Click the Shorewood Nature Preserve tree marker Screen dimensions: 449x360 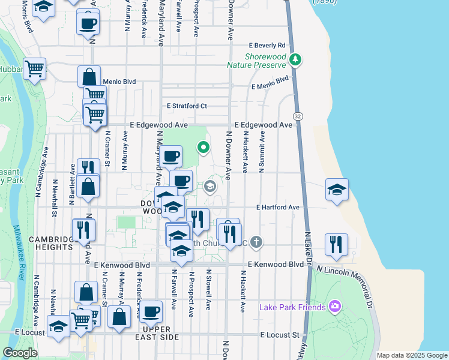[x=295, y=59]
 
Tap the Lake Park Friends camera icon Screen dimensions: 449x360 [x=335, y=307]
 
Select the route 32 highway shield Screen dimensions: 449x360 [x=298, y=115]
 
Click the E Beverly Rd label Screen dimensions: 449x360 [x=268, y=46]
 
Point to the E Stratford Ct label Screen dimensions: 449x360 [x=187, y=106]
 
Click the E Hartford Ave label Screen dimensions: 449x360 [x=277, y=208]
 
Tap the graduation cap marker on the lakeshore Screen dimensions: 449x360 [x=337, y=190]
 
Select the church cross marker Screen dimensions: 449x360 [x=256, y=243]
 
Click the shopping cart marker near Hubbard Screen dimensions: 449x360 [x=35, y=68]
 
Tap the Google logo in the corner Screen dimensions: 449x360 [x=20, y=353]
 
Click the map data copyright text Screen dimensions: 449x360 [x=412, y=355]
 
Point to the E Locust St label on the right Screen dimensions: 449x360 [x=280, y=334]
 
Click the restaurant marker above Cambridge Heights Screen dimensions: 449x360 [x=83, y=230]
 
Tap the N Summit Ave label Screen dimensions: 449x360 [x=262, y=154]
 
